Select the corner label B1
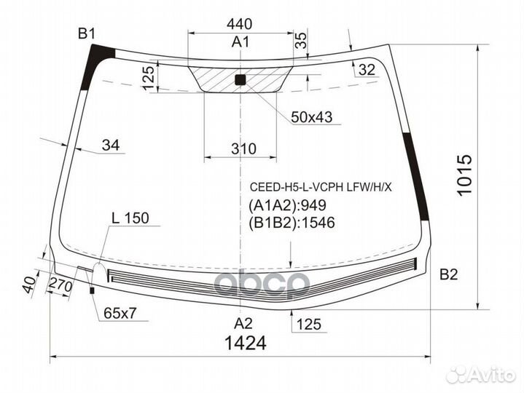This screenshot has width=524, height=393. [x=87, y=33]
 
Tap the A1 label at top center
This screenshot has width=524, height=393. [x=241, y=43]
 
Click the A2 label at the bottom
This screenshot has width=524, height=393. [x=242, y=324]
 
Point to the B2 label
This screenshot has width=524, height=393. [x=448, y=274]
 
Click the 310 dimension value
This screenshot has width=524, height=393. [x=243, y=149]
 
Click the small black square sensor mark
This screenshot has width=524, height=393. [x=241, y=80]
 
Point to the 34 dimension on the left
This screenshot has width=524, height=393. [x=110, y=146]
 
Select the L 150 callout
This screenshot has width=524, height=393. [x=130, y=218]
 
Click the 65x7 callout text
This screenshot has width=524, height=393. [x=121, y=314]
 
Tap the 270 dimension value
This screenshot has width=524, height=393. [x=61, y=285]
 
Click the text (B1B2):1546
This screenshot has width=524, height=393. [x=291, y=223]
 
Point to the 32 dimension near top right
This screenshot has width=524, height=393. [x=367, y=70]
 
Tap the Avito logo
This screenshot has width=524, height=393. [x=482, y=374]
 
